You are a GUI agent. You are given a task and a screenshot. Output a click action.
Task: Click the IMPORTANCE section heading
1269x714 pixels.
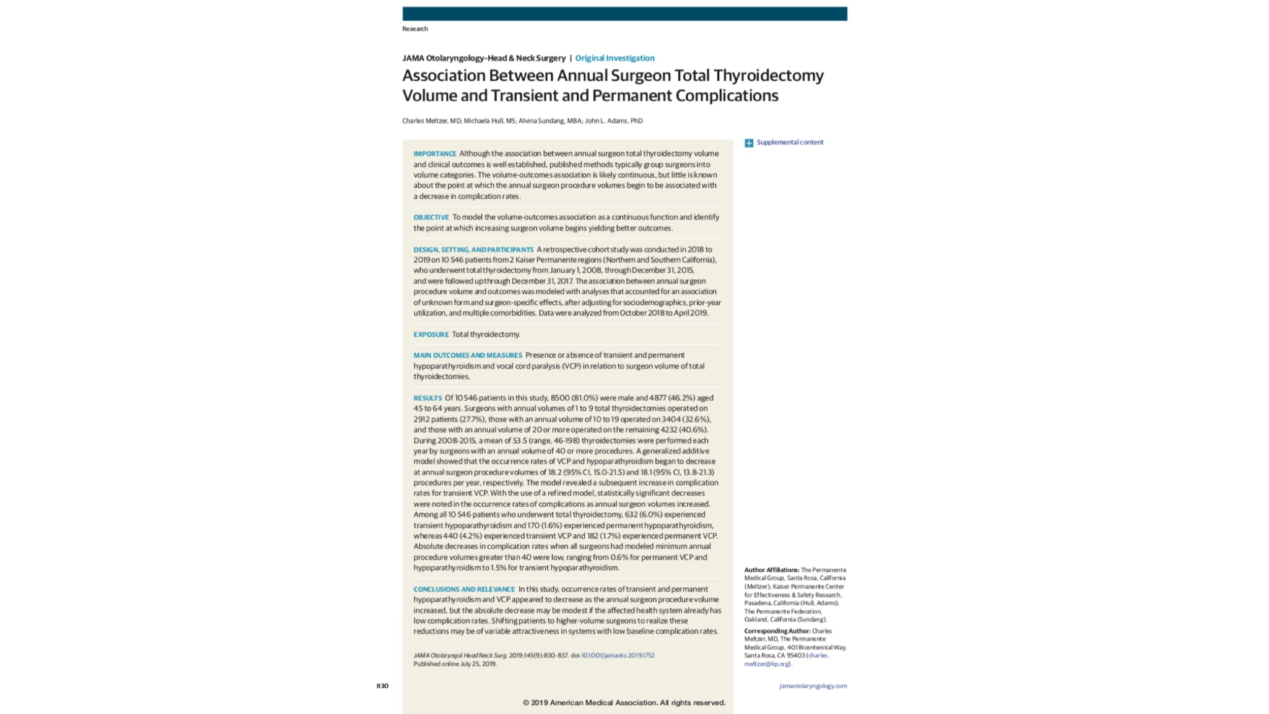tap(435, 154)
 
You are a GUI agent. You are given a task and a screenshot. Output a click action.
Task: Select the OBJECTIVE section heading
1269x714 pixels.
tap(431, 217)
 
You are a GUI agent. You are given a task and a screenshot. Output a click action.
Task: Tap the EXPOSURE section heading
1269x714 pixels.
tap(431, 335)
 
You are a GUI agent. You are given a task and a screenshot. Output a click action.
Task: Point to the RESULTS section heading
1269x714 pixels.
tap(427, 398)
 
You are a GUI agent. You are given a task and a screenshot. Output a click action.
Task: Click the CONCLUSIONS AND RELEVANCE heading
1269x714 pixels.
tap(464, 590)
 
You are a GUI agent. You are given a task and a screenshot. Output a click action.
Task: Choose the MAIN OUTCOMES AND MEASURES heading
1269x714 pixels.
tap(467, 355)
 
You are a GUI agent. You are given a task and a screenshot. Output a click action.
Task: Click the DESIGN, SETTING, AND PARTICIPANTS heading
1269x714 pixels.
tap(473, 250)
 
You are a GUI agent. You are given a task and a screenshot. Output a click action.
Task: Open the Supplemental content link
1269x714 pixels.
tap(790, 142)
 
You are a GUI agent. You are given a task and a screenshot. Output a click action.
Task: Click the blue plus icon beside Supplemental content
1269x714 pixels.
tap(749, 143)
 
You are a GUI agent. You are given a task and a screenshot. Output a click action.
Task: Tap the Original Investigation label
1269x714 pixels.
tap(615, 58)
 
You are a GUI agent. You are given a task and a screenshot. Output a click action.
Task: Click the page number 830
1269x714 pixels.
tap(382, 686)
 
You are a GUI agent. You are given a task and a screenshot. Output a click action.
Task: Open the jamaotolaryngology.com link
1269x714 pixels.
tap(813, 686)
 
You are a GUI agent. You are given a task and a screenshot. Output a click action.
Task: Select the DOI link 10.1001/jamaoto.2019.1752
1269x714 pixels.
tap(618, 656)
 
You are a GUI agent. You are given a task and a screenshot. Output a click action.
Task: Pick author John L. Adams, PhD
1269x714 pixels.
tap(614, 121)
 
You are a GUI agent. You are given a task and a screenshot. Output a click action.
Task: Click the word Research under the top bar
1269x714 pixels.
tap(415, 29)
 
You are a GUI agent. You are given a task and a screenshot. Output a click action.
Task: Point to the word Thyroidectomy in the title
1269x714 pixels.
tap(769, 76)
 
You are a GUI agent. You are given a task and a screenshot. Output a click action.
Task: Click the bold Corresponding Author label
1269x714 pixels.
tap(777, 631)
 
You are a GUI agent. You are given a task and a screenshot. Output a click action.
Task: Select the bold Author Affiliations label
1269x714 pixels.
tap(772, 570)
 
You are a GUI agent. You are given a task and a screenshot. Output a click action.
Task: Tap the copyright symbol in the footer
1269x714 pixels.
tap(526, 703)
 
